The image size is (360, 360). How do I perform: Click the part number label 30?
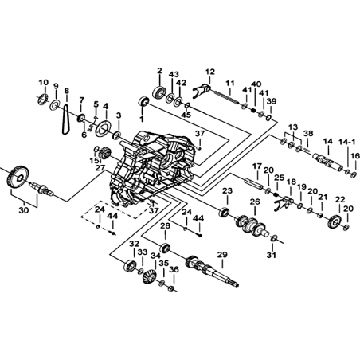tap(24, 210)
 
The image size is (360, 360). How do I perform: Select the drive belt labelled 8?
tap(65, 119)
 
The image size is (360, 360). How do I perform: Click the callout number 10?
tap(44, 82)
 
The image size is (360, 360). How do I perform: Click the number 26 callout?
tap(255, 202)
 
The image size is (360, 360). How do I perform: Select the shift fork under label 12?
tap(202, 90)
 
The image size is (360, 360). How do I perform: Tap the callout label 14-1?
tap(346, 142)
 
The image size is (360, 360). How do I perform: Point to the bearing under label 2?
tap(159, 92)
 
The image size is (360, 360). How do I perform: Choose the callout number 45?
tap(187, 115)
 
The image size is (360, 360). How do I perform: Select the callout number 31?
tap(272, 255)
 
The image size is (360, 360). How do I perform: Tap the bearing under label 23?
tap(225, 212)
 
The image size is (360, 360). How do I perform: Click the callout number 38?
tap(308, 133)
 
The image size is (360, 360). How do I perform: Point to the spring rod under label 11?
tap(225, 96)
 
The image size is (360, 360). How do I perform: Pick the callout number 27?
tap(100, 168)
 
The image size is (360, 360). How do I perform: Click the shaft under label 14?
tap(327, 162)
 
